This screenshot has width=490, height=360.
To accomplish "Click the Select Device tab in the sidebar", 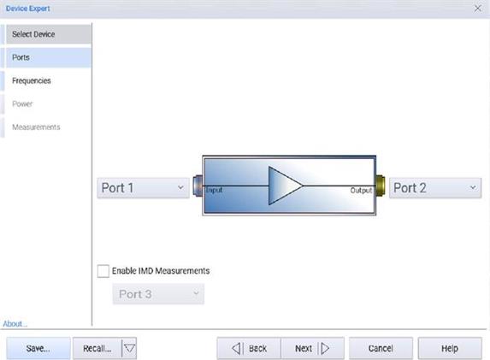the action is pos(49,34).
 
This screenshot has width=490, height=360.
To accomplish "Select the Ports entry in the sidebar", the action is pos(49,57).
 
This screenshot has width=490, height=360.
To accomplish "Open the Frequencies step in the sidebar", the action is pos(32,80).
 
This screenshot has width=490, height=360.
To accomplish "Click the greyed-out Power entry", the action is pos(22,103).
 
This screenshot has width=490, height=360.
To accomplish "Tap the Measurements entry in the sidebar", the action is pos(36,127).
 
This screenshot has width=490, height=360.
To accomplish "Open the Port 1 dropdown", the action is pos(143,188).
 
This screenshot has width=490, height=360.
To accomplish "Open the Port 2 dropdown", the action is pos(435,188).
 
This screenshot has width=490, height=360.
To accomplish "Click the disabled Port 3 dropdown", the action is pos(158,294).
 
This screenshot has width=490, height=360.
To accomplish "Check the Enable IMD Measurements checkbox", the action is pos(103,271).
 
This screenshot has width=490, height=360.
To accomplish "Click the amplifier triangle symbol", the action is pos(283,186).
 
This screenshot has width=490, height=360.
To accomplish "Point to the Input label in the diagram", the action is pos(214,190).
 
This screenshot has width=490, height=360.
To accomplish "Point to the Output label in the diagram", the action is pos(361,191).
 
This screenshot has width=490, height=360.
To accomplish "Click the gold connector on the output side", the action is pos(381,186).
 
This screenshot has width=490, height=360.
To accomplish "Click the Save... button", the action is pos(38,348).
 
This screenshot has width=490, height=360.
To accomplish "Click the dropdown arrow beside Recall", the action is pos(129,348).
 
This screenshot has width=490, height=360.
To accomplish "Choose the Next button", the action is pos(312,348).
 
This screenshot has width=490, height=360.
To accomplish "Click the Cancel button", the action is pos(381,348).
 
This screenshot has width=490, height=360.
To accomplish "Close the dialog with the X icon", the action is pos(477,9).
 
